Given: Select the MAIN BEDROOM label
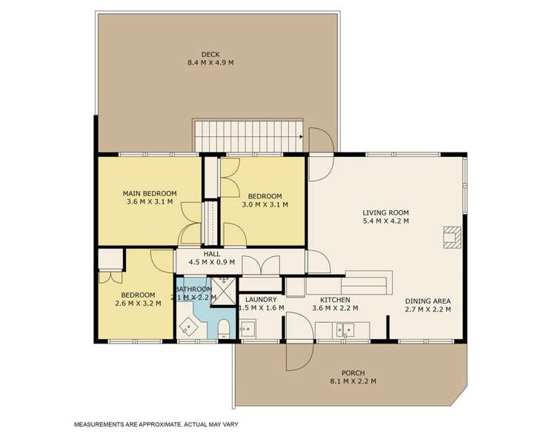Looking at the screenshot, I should pos(149,194).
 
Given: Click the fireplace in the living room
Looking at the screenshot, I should pos(451,236).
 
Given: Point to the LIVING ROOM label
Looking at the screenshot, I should pos(385,212).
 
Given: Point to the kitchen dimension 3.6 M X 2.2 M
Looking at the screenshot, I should pos(335,309).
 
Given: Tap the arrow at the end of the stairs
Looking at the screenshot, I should pos(299,136).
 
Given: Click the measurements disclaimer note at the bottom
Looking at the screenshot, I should pos(155,425).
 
